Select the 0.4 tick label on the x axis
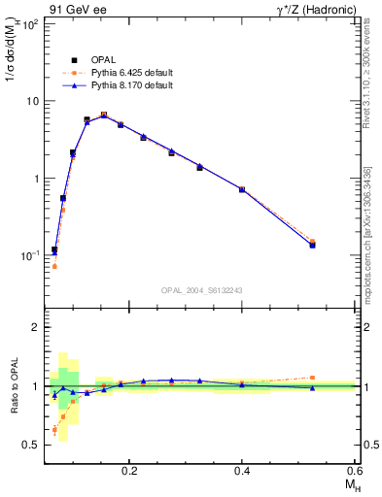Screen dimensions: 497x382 242,471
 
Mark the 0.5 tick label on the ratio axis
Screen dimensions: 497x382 30,445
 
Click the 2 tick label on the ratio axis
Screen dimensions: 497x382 35,328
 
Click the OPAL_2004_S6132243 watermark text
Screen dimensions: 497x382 200,289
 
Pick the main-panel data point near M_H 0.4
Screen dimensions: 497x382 242,189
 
